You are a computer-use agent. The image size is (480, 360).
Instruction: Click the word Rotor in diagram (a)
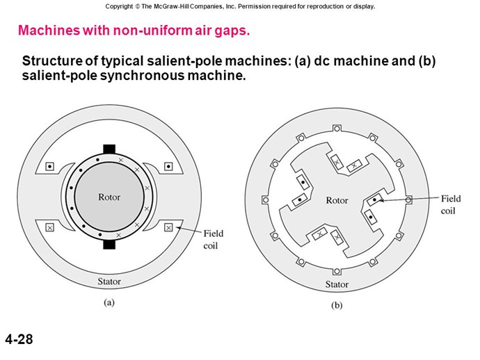coord(109,197)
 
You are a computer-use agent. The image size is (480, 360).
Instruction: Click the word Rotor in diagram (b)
coord(337,200)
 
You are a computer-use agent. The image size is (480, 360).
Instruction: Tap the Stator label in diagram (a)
coord(109,281)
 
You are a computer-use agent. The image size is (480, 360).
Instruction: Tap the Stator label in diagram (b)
coord(337,284)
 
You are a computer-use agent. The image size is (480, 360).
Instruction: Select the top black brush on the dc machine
coord(109,149)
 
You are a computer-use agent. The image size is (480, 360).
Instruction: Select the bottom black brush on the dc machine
coord(109,245)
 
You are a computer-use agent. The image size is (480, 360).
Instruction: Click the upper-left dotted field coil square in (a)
coord(49,166)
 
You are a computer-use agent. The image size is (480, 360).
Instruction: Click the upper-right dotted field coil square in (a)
coord(168,166)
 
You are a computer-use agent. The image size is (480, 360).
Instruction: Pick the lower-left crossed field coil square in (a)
coord(49,227)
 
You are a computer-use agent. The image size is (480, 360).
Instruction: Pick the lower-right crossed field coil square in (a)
coord(168,227)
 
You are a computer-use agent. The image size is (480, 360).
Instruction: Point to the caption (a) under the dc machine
coord(109,302)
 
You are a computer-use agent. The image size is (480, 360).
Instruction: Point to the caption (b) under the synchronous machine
coord(337,305)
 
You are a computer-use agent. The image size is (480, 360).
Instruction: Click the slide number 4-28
coord(19,339)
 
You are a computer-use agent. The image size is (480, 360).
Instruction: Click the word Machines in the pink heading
coord(49,31)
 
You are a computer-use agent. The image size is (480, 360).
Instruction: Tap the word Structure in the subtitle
coord(52,61)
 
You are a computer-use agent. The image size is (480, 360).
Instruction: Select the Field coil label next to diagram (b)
coord(450,204)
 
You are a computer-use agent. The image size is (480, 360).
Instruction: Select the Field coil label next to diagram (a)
coord(214,240)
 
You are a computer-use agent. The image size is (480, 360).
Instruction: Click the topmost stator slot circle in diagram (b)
coord(337,128)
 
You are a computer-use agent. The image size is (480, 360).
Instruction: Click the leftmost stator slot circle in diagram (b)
coord(266,200)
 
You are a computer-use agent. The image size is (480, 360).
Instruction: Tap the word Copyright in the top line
coord(119,6)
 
